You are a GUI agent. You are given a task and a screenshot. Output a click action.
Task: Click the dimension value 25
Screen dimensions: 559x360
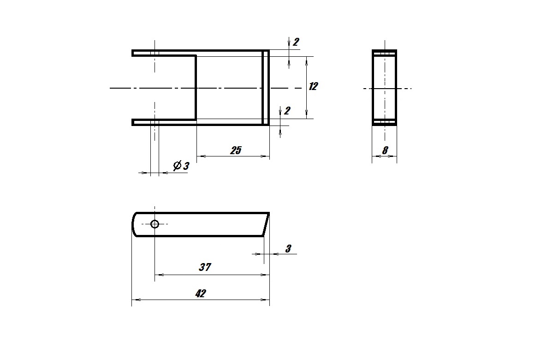pyautogui.click(x=236, y=150)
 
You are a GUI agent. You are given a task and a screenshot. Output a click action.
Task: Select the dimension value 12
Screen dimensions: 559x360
pyautogui.click(x=313, y=86)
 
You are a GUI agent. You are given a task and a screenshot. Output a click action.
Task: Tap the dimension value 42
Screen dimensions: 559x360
pyautogui.click(x=201, y=294)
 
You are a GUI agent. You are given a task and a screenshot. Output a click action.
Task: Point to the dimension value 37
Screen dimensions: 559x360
pyautogui.click(x=205, y=267)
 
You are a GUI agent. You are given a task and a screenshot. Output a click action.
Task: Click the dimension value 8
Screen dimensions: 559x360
pyautogui.click(x=385, y=150)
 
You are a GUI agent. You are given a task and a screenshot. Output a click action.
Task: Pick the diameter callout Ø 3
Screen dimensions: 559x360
pyautogui.click(x=181, y=166)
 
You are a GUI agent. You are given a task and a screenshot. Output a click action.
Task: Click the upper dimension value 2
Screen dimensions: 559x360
pyautogui.click(x=296, y=42)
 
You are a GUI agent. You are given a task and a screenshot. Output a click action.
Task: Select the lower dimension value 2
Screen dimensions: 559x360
pyautogui.click(x=287, y=111)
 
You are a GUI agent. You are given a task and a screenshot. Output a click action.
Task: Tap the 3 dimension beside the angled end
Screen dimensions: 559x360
pyautogui.click(x=288, y=249)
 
